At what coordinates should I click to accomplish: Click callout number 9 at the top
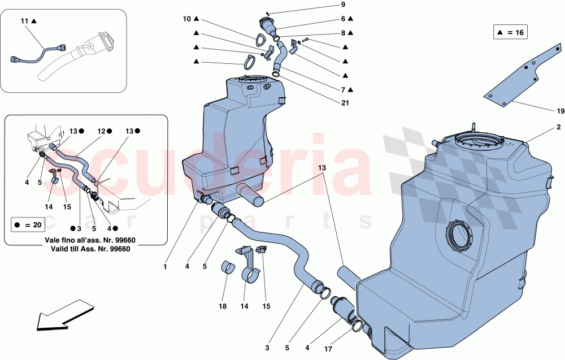[x=342, y=5]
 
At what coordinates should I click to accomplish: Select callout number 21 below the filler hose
[x=344, y=103]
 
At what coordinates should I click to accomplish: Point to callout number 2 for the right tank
[x=558, y=127]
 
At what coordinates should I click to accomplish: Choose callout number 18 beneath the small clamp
[x=222, y=306]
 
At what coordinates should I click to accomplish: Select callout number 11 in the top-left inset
[x=24, y=21]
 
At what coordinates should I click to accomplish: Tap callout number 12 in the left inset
[x=101, y=131]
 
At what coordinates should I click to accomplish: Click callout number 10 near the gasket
[x=187, y=19]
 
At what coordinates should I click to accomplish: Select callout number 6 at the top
[x=342, y=19]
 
